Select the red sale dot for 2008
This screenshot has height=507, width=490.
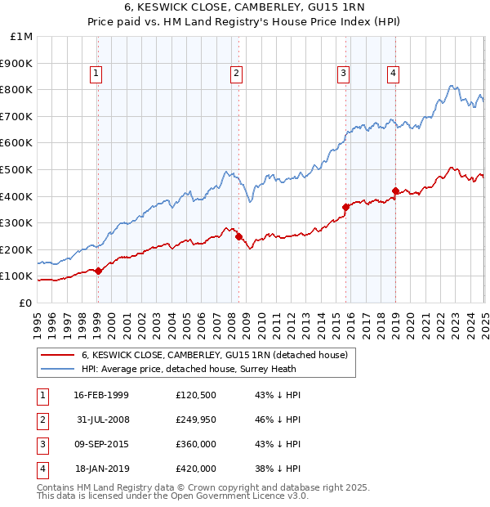click(x=239, y=236)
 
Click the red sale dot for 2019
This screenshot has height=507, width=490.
click(x=395, y=191)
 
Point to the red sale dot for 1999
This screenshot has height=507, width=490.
click(x=98, y=271)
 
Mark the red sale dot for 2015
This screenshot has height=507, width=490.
click(x=345, y=207)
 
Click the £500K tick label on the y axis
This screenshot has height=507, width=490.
click(x=17, y=169)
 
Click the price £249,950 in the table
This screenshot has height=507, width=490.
click(x=196, y=420)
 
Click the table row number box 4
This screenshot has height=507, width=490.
click(x=42, y=469)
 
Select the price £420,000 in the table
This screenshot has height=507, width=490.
click(x=196, y=469)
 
